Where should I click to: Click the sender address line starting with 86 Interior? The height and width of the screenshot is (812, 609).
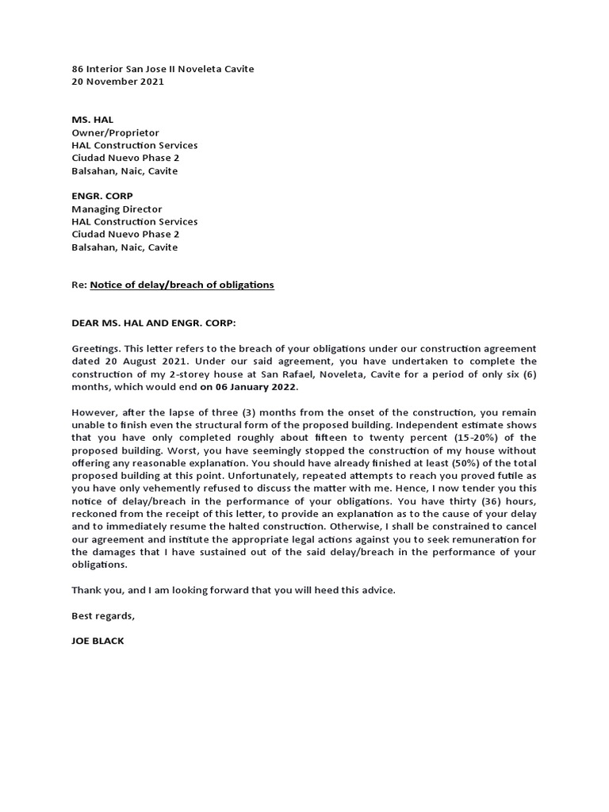coord(163,69)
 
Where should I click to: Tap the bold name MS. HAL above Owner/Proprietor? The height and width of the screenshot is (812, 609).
coord(92,120)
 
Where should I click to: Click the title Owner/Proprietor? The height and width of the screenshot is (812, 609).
coord(115,132)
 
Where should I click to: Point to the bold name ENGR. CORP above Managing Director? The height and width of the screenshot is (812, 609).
coord(101,196)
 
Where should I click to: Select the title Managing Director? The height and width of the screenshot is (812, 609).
coord(117,209)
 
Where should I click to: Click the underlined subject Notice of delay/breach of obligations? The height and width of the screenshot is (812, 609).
coord(182,285)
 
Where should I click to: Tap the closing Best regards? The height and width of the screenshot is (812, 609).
coord(103,615)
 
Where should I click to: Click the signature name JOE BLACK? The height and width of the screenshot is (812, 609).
coord(98,640)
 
